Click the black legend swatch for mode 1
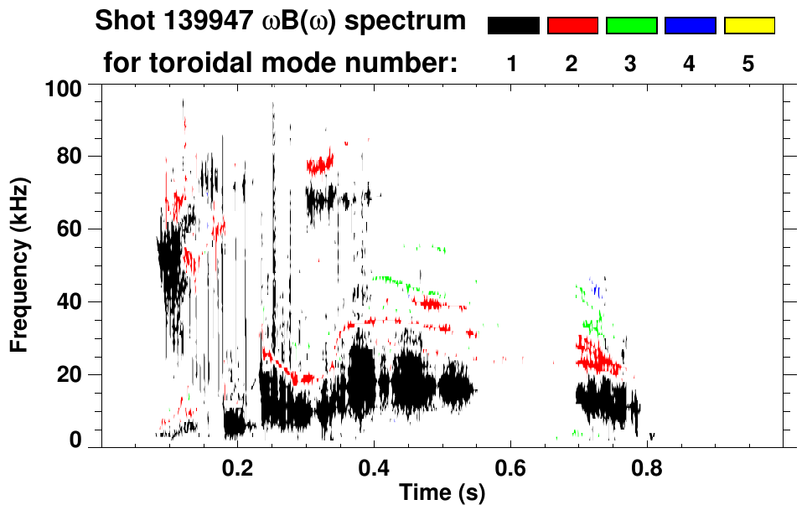click(513, 26)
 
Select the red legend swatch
click(572, 26)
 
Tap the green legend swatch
click(631, 26)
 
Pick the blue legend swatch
click(690, 26)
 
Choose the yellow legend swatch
click(749, 26)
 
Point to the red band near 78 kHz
click(319, 164)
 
